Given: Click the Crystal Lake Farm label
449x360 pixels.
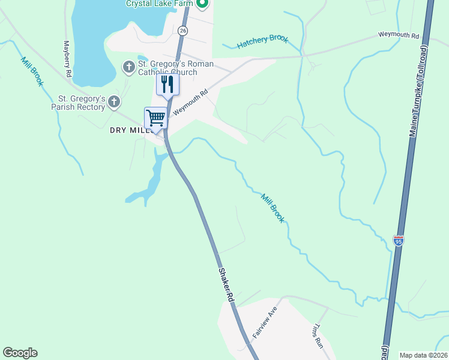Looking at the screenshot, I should coord(159,4).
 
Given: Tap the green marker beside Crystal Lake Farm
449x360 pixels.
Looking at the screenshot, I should coord(202,4).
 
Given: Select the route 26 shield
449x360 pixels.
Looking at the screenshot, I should coord(183,29).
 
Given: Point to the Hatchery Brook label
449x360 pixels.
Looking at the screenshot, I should coord(262,41).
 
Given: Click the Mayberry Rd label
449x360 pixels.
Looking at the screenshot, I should coord(68,59).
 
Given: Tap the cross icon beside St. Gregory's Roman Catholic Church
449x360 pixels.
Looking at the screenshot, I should coord(128,67).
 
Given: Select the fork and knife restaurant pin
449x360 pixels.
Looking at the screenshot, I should coord(167,84).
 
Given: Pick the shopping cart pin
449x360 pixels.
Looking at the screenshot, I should coord(155,118).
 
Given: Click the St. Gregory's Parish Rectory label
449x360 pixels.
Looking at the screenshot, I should coord(82,103).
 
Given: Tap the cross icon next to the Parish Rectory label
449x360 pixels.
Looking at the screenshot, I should coord(114,103).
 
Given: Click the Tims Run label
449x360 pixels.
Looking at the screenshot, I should coord(318,337).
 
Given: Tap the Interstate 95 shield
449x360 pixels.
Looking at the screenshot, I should coord(399,241).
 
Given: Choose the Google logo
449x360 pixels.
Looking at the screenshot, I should coord(20,353).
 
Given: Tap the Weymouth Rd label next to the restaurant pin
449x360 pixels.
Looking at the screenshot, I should coord(190,102).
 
